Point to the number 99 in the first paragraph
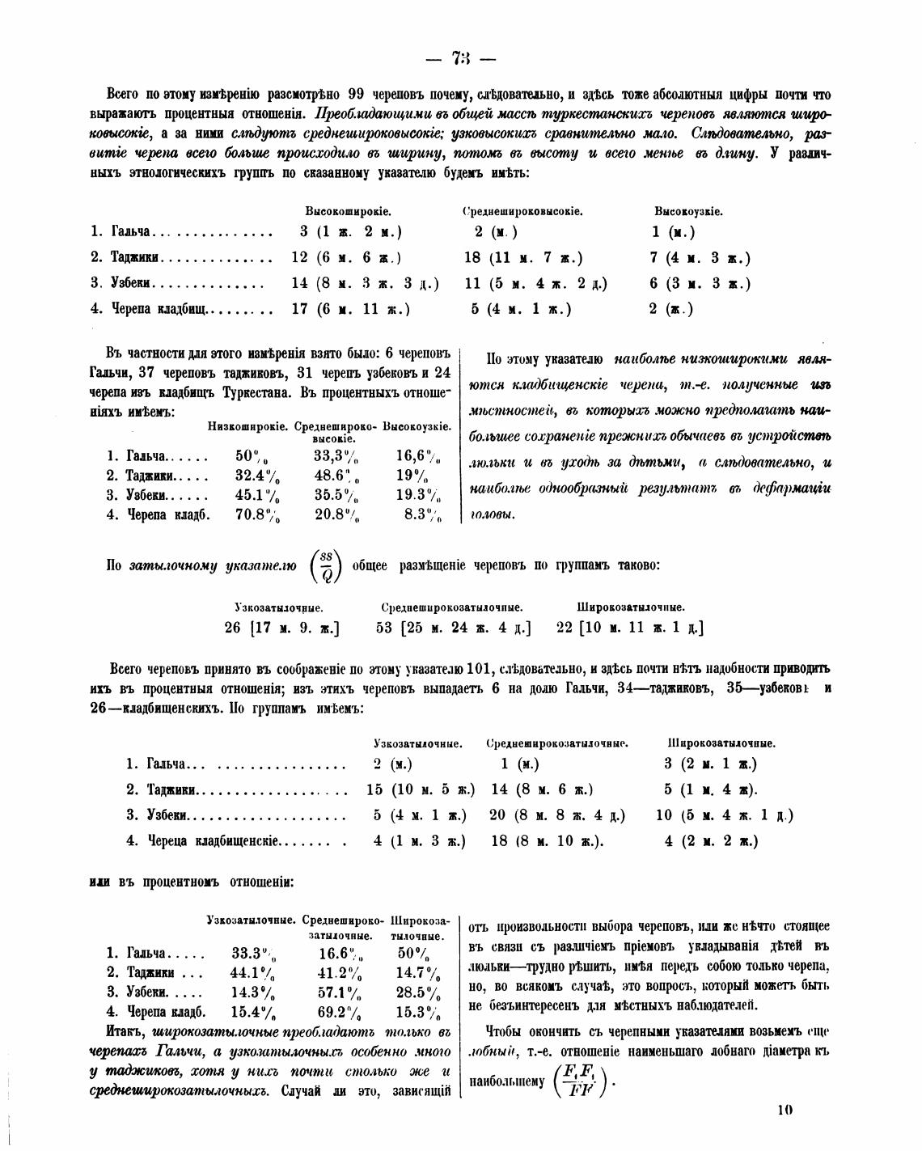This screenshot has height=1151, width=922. (359, 94)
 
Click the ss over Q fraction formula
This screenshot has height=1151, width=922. (327, 565)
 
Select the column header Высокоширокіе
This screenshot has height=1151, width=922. (348, 212)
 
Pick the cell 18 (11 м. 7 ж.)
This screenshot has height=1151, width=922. (522, 258)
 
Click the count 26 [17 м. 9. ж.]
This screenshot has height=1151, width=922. (281, 628)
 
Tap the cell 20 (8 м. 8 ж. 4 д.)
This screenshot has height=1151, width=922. (557, 815)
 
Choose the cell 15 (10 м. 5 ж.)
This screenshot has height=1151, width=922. (421, 789)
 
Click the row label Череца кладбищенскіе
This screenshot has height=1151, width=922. (213, 841)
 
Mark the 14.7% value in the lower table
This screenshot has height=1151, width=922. (418, 973)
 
